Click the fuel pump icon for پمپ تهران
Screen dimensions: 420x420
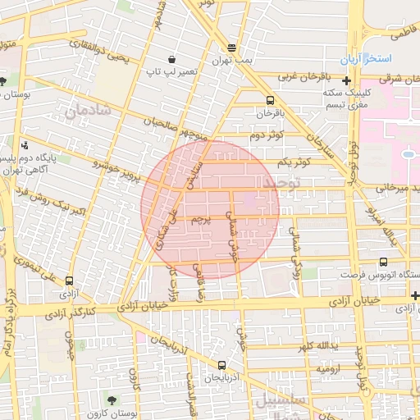232,48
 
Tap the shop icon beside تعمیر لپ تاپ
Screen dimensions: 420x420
171,59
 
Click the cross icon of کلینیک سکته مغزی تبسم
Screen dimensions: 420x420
348,80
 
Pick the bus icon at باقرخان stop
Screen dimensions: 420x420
271,100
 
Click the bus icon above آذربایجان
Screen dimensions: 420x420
221,365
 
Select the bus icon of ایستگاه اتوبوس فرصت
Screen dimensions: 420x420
384,262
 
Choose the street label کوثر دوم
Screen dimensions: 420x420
267,134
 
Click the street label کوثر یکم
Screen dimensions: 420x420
294,162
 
